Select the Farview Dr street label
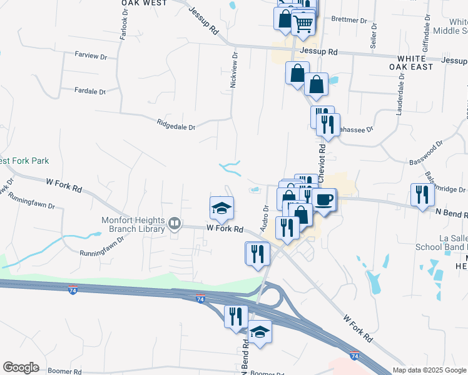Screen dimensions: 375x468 click(91, 56)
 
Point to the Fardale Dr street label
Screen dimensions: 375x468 click(89, 91)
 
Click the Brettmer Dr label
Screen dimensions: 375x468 click(349, 20)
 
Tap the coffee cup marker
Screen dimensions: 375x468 click(324, 199)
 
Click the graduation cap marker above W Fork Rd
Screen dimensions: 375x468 click(221, 208)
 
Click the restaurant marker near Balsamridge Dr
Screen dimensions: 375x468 click(422, 194)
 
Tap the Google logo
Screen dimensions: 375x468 click(21, 367)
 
